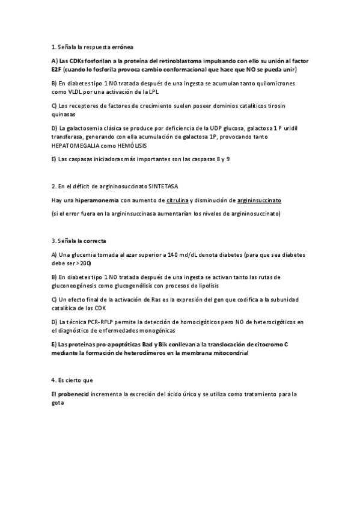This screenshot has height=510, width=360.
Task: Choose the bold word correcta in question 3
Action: [94, 241]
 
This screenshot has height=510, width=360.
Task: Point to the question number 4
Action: [53, 380]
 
